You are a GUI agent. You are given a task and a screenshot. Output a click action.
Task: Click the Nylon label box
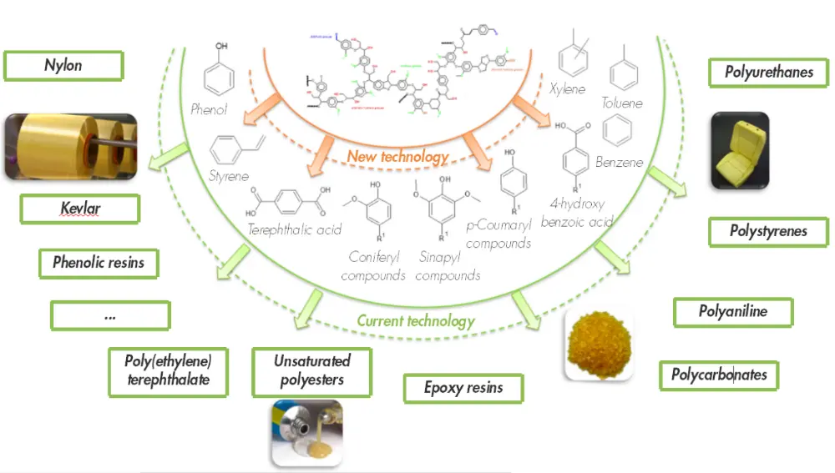63,65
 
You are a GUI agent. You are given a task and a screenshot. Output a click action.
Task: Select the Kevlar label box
79,209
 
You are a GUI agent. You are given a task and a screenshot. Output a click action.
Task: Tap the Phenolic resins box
99,263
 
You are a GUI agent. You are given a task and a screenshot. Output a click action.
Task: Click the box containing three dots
110,316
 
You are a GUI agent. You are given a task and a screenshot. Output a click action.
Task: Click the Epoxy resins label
463,388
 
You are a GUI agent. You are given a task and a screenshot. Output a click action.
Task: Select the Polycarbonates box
719,375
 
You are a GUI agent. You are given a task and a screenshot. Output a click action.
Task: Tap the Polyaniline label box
732,312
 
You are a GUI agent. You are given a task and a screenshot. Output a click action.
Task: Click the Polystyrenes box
768,231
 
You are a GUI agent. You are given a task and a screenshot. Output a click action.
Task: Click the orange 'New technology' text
397,156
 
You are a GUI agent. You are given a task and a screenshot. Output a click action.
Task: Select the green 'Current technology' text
415,320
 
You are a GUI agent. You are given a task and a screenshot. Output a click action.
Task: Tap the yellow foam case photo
739,150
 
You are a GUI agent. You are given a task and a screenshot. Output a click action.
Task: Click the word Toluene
622,103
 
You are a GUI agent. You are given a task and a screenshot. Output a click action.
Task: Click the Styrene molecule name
229,177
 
